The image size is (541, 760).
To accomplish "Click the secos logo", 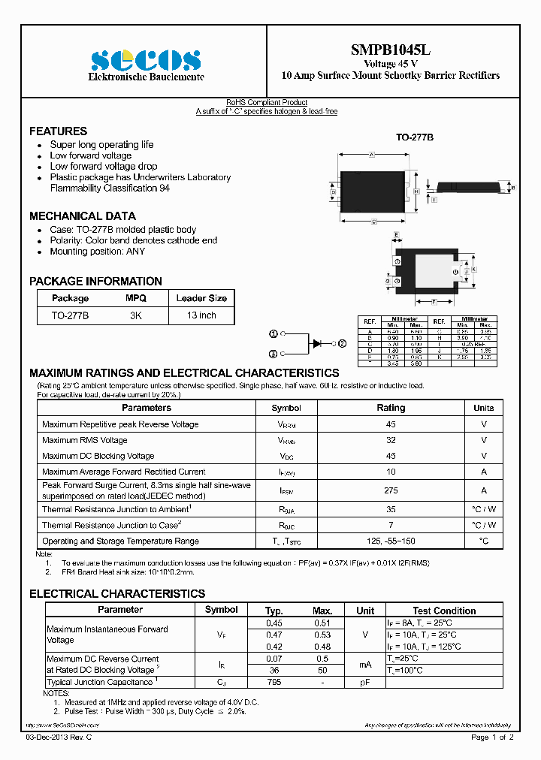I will [146, 59].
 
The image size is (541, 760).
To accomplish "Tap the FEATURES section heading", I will [58, 131].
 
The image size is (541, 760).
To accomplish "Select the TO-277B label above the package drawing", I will [415, 138].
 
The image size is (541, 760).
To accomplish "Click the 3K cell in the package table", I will [135, 315].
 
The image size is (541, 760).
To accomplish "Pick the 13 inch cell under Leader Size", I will [201, 315].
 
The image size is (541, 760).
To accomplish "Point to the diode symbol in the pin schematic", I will [317, 343].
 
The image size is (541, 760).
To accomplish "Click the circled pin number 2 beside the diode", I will [342, 343].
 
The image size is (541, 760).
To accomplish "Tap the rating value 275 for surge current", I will [390, 490].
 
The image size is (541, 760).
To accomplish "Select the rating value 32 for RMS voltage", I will [390, 440].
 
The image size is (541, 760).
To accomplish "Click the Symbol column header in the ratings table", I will [286, 408].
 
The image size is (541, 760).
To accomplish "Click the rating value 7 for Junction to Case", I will [390, 525].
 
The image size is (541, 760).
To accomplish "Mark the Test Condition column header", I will [444, 611].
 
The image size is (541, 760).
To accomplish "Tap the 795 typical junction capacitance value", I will [274, 682].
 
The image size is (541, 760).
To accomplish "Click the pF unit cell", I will [365, 682].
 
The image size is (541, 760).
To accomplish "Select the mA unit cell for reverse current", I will [365, 664].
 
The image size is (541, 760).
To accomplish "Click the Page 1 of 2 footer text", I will [492, 737].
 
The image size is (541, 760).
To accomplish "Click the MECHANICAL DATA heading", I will [83, 216].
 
